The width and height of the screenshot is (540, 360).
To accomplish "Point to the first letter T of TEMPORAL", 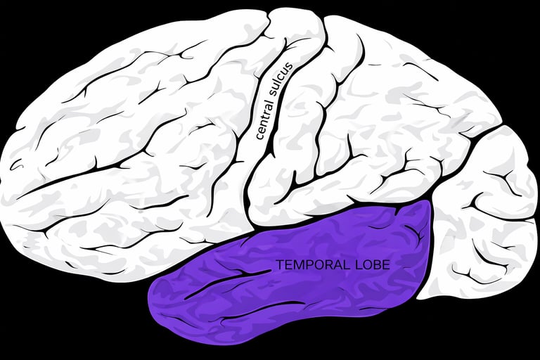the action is pos(279,265).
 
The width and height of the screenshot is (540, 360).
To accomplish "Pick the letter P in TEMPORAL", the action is pos(302,265).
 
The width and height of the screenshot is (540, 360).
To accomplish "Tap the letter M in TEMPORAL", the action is pos(294,265).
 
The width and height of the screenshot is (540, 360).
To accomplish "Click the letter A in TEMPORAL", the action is pos(327,265).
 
